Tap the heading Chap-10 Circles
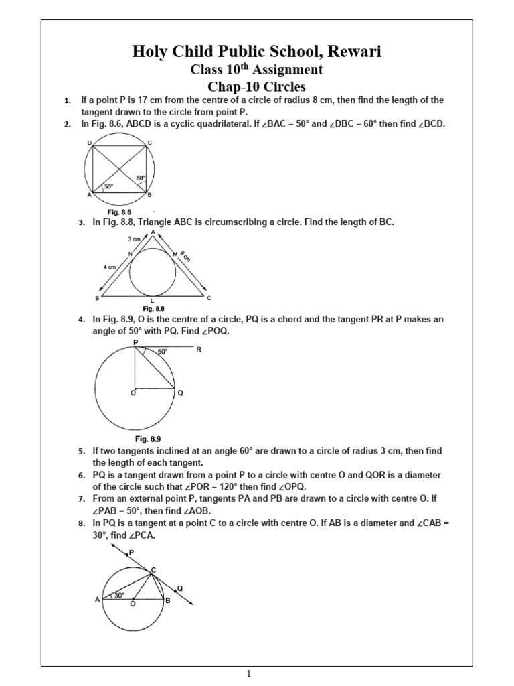coord(258,86)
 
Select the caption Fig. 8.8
coord(155,308)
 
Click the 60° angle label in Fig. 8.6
coord(141,178)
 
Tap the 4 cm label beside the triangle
coord(110,267)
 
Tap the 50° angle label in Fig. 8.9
coord(163,352)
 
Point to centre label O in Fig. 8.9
coord(133,393)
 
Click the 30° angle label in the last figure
coord(119,595)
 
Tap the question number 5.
coord(81,452)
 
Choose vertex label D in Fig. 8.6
coord(89,143)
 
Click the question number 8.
coord(81,523)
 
